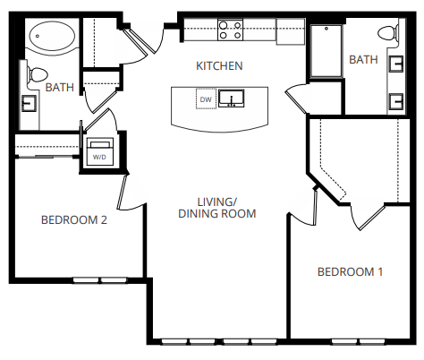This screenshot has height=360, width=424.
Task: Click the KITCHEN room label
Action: click(x=219, y=66)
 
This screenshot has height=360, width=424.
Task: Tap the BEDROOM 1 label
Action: click(x=351, y=272)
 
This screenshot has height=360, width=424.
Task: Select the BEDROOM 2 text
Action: click(x=74, y=220)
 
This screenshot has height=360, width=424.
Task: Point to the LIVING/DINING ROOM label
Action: click(x=217, y=208)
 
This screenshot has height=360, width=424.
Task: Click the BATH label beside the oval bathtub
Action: click(x=59, y=88)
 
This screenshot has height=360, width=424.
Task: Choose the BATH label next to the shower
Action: click(x=363, y=60)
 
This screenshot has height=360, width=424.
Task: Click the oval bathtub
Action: click(x=51, y=38)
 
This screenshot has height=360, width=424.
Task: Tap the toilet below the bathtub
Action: click(x=38, y=73)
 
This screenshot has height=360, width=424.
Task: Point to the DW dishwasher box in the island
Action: click(x=205, y=99)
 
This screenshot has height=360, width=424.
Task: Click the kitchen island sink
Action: click(x=233, y=99)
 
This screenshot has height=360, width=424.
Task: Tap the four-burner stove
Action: click(x=230, y=30)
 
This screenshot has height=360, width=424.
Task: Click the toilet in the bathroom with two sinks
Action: click(x=386, y=35)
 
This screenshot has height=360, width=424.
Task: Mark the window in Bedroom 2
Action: click(x=100, y=280)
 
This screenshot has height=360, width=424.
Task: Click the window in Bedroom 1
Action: click(x=357, y=341)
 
